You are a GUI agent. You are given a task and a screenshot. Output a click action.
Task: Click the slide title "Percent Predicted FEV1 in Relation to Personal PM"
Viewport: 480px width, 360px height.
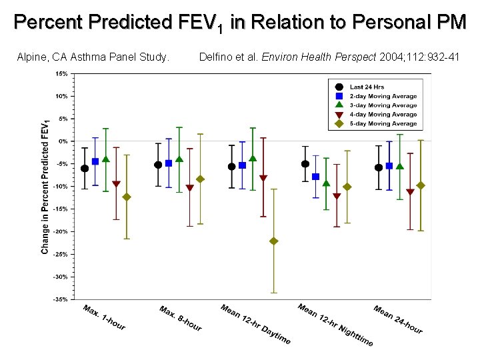tap(240, 23)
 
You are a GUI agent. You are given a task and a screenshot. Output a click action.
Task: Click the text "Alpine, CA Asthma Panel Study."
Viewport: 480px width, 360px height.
tap(93, 57)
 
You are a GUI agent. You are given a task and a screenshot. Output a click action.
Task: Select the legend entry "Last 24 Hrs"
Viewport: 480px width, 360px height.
tap(367, 87)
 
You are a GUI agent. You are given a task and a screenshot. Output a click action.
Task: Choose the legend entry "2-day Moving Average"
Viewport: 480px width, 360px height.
tap(383, 96)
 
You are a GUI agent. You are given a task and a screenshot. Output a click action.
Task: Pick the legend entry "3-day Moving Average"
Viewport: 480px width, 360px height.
tap(383, 105)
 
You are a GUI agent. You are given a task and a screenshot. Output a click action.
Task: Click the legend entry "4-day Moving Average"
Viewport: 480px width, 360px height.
tap(383, 115)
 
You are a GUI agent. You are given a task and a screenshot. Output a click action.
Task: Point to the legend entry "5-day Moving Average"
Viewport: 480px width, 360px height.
tap(383, 124)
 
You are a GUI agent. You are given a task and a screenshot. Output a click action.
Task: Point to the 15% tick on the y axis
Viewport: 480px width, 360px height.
tap(61, 73)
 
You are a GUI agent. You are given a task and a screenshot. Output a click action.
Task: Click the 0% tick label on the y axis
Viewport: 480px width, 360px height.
tap(62, 141)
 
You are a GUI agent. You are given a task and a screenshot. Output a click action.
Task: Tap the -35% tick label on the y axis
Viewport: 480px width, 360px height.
tap(60, 299)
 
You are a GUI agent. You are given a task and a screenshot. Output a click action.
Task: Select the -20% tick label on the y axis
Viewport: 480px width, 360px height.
tap(60, 231)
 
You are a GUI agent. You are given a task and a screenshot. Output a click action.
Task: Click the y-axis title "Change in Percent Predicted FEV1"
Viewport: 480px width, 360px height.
tap(45, 187)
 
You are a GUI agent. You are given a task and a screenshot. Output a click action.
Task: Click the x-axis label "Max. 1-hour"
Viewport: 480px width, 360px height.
tap(104, 317)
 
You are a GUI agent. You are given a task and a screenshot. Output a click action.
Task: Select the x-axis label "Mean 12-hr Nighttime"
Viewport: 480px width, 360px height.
tap(335, 325)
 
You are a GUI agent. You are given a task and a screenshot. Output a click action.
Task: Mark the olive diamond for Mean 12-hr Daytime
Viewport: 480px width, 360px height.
tap(273, 241)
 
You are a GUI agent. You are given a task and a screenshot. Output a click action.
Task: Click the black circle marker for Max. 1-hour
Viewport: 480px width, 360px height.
tap(85, 169)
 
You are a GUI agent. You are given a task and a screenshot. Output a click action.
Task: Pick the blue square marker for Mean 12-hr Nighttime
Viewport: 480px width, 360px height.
tap(315, 177)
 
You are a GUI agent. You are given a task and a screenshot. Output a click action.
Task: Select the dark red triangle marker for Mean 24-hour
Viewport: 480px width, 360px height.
tap(410, 192)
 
